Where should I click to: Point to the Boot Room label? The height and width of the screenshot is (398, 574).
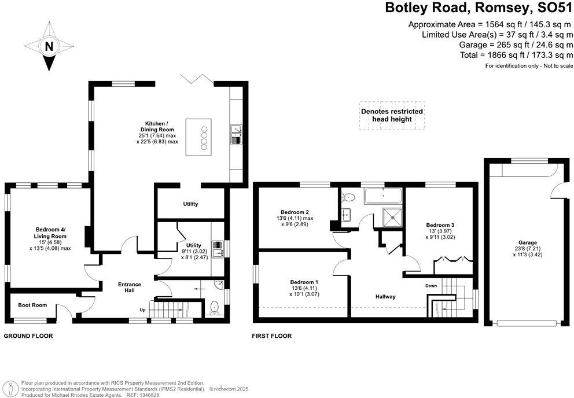32,305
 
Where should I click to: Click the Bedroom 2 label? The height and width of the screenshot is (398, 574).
295,211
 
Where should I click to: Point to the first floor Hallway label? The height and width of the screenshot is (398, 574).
385,296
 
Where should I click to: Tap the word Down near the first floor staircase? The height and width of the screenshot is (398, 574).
430,286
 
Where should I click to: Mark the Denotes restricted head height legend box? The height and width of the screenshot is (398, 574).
392,115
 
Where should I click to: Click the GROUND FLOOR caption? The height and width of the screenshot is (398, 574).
28,336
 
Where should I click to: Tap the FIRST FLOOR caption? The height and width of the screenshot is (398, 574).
272,336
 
